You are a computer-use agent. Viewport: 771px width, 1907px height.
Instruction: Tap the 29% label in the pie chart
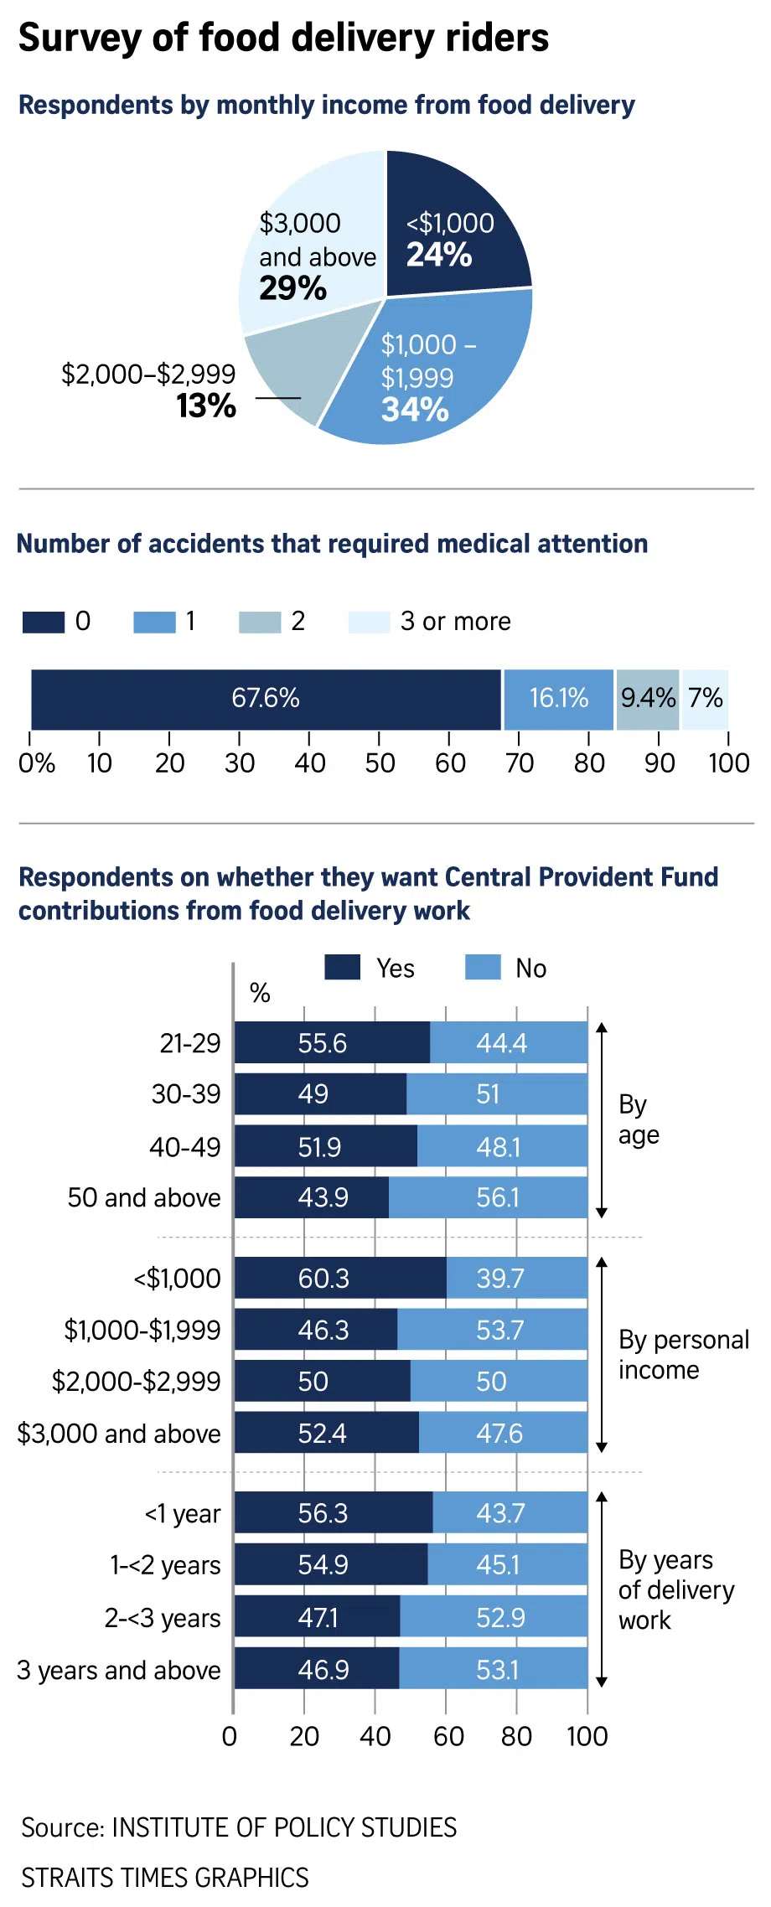pyautogui.click(x=292, y=289)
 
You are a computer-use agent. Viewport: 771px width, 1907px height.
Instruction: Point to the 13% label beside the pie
pyautogui.click(x=206, y=406)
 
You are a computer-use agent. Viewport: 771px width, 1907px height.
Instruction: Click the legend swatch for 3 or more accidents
pyautogui.click(x=369, y=623)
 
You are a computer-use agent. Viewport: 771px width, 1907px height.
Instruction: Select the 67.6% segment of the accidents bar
pyautogui.click(x=266, y=699)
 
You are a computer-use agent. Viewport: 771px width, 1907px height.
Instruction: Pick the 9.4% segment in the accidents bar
pyautogui.click(x=648, y=699)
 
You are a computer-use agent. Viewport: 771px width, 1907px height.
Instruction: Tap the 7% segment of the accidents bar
pyautogui.click(x=706, y=699)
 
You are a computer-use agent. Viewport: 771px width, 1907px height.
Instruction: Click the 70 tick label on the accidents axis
pyautogui.click(x=520, y=763)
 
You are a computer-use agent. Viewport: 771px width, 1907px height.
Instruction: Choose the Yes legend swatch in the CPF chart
pyautogui.click(x=342, y=968)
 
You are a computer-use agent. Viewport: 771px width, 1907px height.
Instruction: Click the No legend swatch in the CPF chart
pyautogui.click(x=483, y=968)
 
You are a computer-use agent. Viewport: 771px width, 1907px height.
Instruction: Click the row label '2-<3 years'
pyautogui.click(x=163, y=1618)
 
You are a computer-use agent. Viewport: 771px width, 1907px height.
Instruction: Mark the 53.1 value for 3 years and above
pyautogui.click(x=498, y=1670)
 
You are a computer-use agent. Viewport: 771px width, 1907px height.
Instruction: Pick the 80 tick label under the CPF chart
pyautogui.click(x=516, y=1736)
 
